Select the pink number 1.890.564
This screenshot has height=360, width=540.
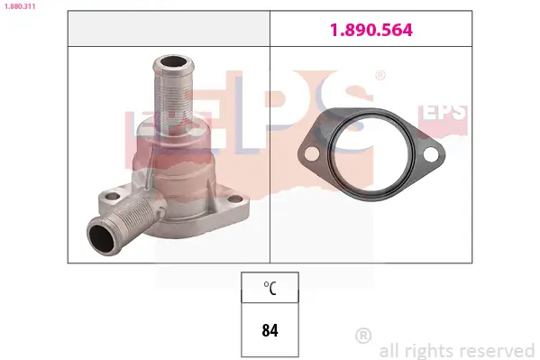point(370,30)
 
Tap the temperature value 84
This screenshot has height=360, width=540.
point(270,329)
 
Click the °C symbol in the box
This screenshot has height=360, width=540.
point(270,289)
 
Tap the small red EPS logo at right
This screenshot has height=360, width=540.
point(446,113)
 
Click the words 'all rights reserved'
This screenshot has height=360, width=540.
point(457,350)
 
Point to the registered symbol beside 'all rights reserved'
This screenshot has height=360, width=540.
point(363,336)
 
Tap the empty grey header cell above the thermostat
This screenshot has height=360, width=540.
point(169,30)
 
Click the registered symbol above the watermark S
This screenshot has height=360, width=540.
point(380,77)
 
